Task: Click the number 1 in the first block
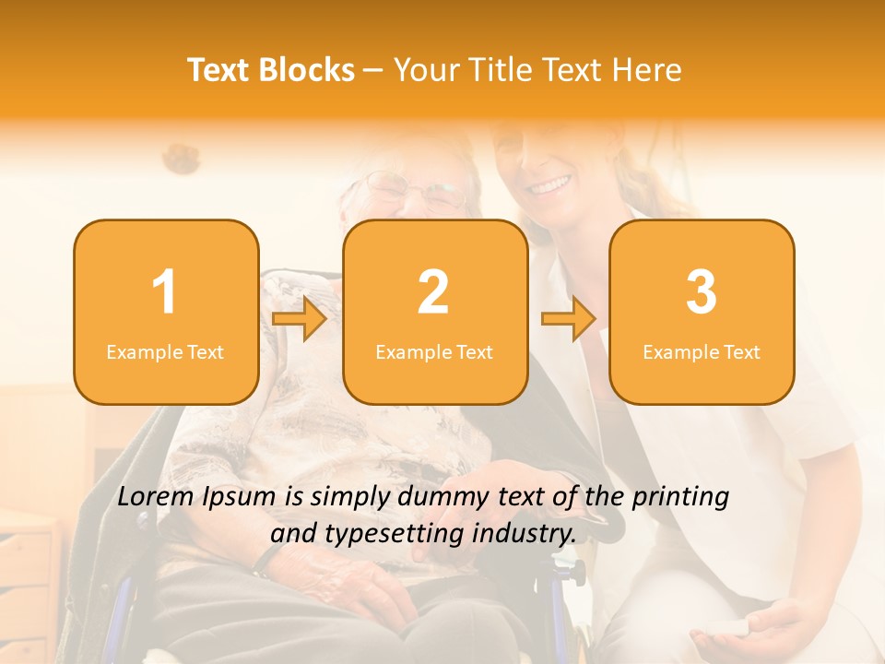coord(164,292)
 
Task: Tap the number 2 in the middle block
coord(433,292)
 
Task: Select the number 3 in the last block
coord(702,292)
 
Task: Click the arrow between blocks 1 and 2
coord(301,319)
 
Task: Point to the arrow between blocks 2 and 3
coord(569,319)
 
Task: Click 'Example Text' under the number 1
coord(165,352)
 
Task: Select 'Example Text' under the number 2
coord(434,352)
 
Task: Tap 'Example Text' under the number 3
coord(702,352)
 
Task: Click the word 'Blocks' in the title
coord(306,70)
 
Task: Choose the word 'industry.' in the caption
coord(525,533)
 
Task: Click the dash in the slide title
coord(373,71)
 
